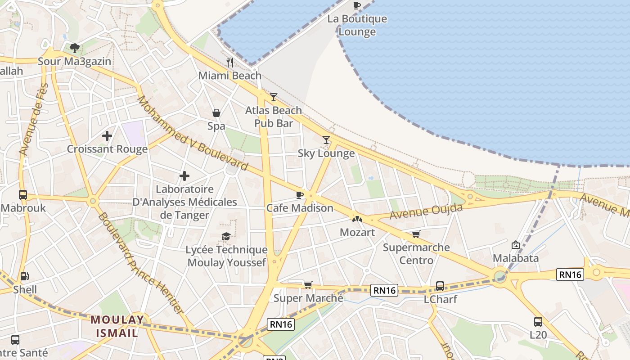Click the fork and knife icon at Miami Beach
point(230,62)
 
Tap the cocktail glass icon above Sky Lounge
point(326,140)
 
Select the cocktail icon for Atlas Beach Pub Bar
point(273,97)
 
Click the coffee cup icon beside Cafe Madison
point(299,195)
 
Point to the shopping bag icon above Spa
point(216,113)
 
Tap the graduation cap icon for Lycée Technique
point(226,237)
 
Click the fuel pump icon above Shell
point(25,276)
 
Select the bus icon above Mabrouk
point(23,195)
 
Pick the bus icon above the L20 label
point(538,322)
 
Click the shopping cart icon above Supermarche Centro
point(416,234)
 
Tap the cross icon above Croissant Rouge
point(107,135)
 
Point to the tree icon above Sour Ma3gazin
point(75,48)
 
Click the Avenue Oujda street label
point(426,211)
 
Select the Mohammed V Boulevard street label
point(193,133)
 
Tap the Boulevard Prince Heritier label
point(140,263)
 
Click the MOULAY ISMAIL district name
point(117,326)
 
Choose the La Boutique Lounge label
point(357,25)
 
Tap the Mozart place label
point(357,232)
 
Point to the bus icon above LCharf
point(440,286)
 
